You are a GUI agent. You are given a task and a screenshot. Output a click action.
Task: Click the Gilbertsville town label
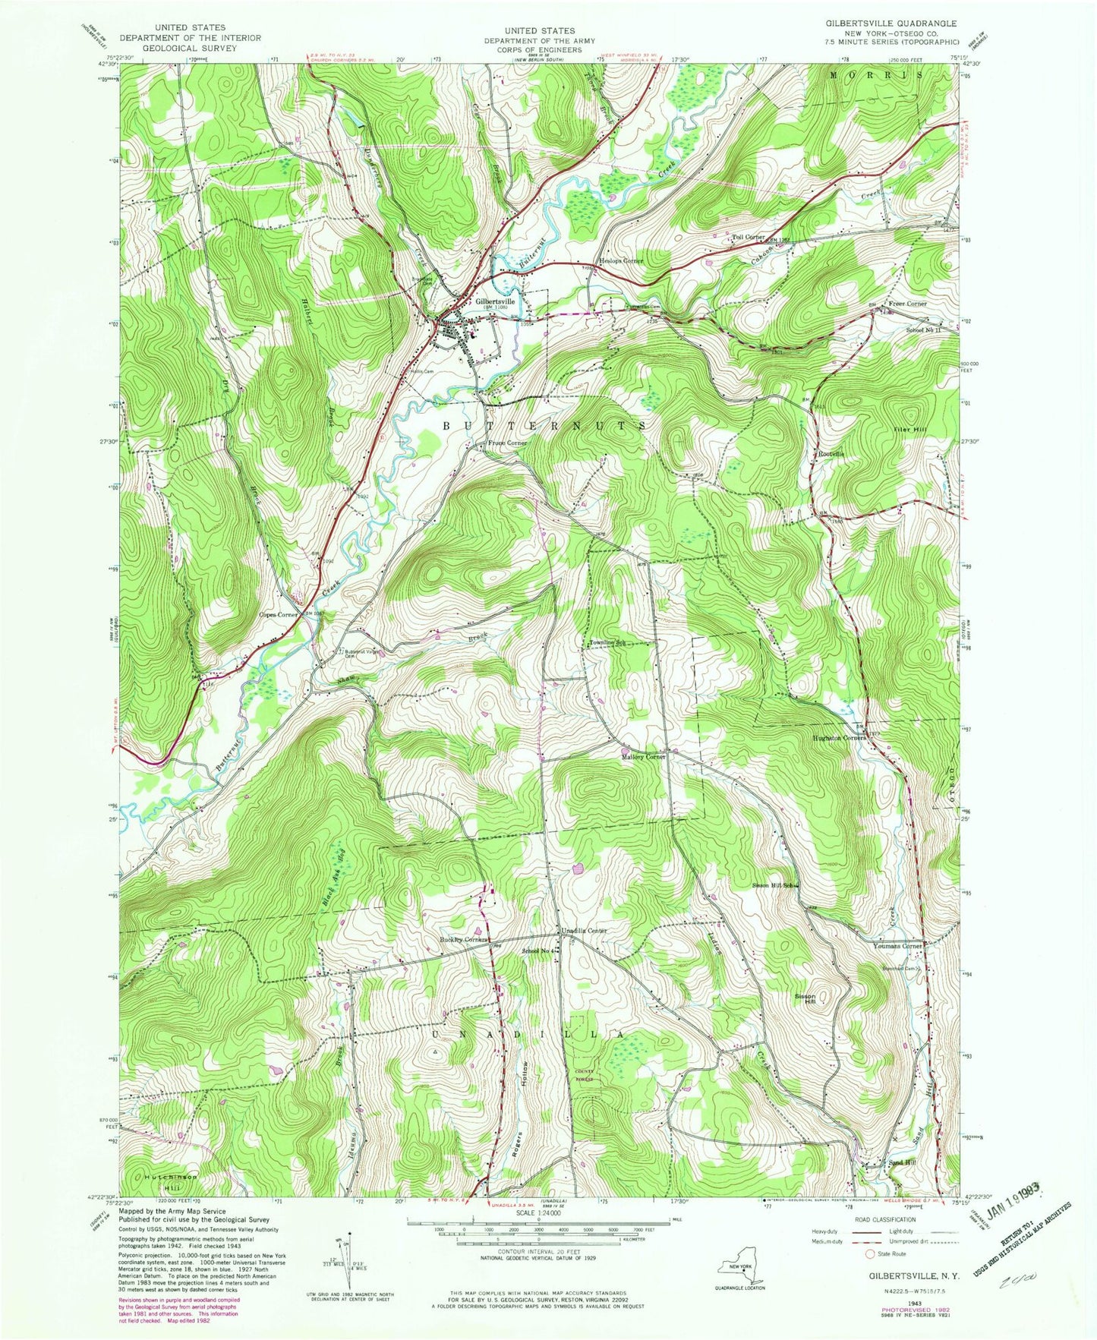click(495, 301)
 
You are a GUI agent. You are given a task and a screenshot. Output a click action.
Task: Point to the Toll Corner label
click(748, 238)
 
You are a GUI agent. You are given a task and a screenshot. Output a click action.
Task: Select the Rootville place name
click(831, 453)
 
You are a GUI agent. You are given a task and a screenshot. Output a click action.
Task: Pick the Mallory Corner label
click(644, 757)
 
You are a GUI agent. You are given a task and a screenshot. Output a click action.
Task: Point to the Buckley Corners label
click(463, 940)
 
